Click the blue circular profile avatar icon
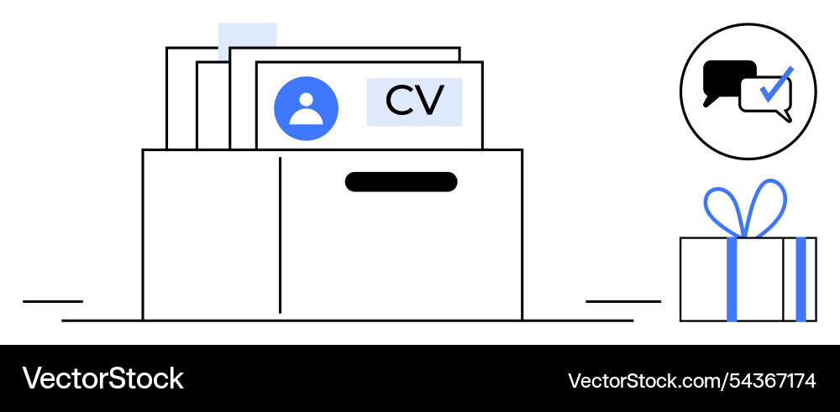[306, 108]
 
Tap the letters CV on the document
[415, 101]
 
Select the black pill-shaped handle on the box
[402, 182]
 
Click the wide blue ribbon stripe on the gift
[732, 279]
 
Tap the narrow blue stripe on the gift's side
[801, 279]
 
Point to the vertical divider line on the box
[281, 235]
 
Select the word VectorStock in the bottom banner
[102, 378]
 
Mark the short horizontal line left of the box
[53, 301]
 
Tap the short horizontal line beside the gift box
[623, 301]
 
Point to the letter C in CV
[400, 101]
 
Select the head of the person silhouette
[306, 100]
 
